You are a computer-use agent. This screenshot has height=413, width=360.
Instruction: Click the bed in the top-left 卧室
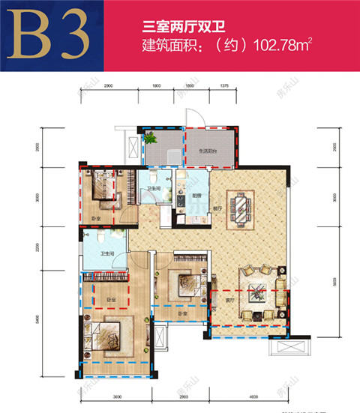tap(100, 183)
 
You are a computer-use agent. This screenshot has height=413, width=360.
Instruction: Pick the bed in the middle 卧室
tap(182, 283)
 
